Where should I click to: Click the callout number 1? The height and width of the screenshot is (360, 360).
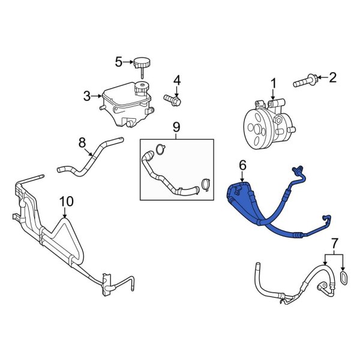click(273, 82)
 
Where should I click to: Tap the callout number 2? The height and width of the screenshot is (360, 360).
click(334, 77)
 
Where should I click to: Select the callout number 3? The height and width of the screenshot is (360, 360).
click(86, 95)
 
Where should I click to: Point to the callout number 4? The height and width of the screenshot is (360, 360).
click(176, 80)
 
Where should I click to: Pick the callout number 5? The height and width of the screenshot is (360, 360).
click(119, 61)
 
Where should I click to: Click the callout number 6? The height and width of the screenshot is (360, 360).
click(242, 164)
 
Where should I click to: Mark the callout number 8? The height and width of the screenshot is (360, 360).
click(83, 143)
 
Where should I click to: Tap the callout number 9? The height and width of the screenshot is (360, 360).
click(176, 127)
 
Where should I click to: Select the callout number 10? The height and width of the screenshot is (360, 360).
click(66, 201)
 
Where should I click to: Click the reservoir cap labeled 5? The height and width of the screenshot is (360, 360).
click(142, 62)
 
